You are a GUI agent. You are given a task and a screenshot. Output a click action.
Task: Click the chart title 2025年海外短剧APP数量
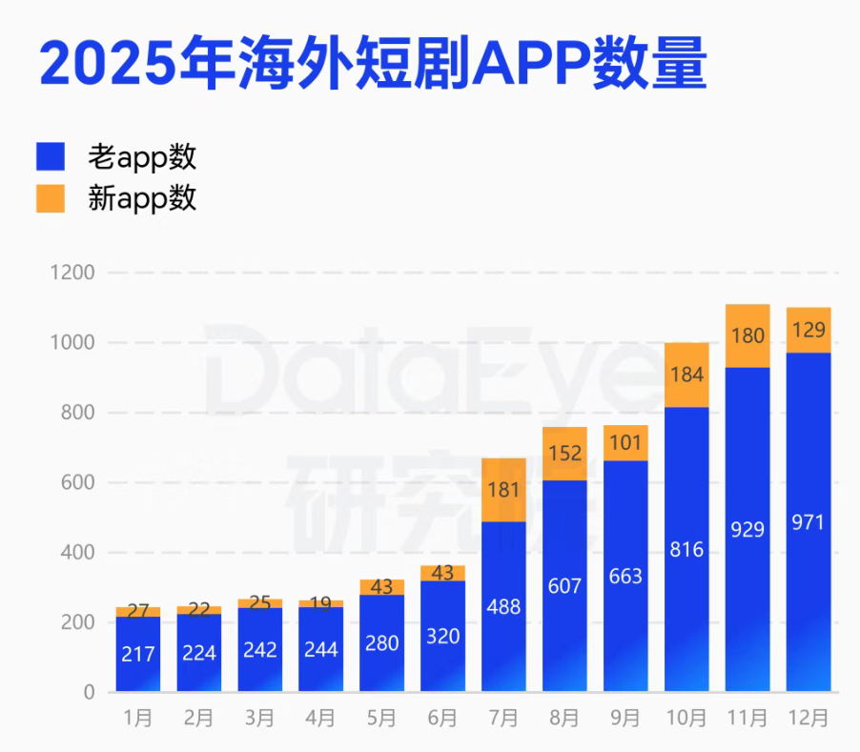coord(373,63)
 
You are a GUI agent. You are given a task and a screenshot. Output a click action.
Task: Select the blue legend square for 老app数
coord(51,156)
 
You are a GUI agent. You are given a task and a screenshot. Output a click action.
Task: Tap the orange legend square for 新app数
coord(51,198)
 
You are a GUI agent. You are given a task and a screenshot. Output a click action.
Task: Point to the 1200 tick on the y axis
coord(72,273)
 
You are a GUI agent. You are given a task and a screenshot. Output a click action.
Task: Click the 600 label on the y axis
coord(77,482)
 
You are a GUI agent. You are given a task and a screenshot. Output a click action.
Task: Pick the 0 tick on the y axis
coord(90,692)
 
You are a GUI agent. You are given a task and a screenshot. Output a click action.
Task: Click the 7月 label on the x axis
coord(503,718)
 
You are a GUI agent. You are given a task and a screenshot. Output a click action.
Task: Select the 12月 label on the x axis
coord(809,718)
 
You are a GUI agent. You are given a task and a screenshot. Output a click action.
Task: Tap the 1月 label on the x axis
coord(137,718)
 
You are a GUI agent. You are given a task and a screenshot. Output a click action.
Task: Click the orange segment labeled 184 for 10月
coord(686,375)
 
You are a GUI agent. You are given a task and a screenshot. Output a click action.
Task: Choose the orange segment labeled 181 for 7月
coord(503,490)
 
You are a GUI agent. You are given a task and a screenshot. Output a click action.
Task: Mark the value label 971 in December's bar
coord(809,522)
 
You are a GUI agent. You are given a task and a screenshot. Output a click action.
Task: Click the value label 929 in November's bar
coord(747,530)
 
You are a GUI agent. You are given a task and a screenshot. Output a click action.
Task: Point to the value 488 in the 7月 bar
coord(503,607)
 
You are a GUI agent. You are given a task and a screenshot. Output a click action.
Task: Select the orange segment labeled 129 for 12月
coord(809,330)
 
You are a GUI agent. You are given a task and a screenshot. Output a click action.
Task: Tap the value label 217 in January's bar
coord(137,655)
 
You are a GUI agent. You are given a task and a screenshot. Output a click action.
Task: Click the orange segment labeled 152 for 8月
coord(565,454)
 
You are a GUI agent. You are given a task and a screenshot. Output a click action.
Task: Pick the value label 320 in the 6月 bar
coord(442,637)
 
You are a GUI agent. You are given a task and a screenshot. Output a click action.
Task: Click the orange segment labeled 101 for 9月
coord(625,443)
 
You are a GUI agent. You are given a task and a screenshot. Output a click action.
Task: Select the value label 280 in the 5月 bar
coord(381,643)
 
